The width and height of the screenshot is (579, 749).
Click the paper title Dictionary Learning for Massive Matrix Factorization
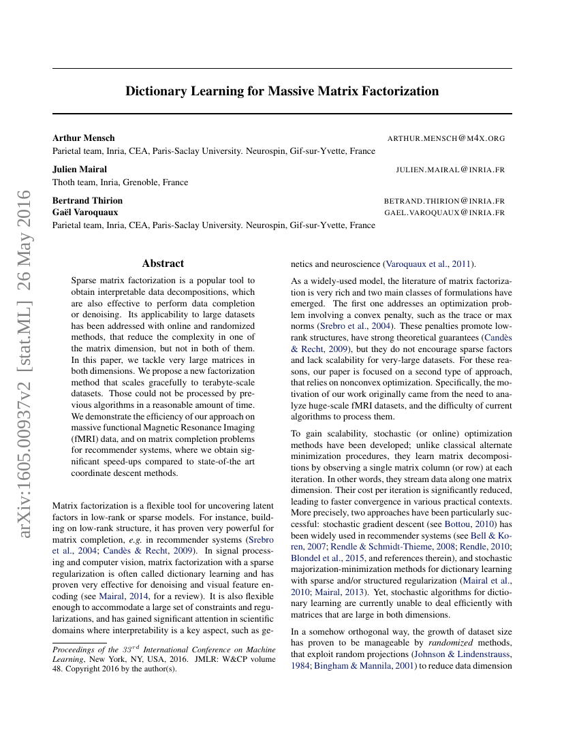click(x=282, y=91)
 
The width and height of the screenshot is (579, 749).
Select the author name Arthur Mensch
click(x=84, y=138)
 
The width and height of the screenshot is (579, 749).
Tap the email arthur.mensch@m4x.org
click(x=446, y=138)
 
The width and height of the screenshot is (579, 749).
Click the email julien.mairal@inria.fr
click(x=450, y=170)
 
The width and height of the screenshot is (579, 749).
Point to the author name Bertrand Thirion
click(x=88, y=201)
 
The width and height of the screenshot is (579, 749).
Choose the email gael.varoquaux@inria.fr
click(x=444, y=212)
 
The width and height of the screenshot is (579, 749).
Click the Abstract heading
click(x=163, y=264)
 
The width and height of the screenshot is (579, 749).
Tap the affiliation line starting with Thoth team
click(x=120, y=182)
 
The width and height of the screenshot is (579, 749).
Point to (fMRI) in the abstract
click(x=85, y=440)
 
